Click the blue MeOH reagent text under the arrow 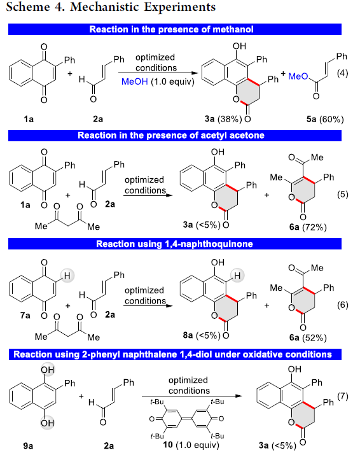click(135, 81)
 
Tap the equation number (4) click(342, 73)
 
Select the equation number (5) click(342, 194)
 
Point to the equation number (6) click(342, 305)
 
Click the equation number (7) click(342, 396)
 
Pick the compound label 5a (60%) click(325, 119)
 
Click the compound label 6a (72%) click(308, 227)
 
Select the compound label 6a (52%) click(308, 337)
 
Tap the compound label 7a click(25, 315)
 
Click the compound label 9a click(28, 445)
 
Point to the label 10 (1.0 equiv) click(191, 445)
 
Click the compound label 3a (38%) click(223, 119)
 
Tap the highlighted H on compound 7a click(67, 276)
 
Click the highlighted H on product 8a click(237, 276)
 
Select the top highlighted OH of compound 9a click(47, 369)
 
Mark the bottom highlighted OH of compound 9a click(47, 423)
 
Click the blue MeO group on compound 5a click(298, 76)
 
